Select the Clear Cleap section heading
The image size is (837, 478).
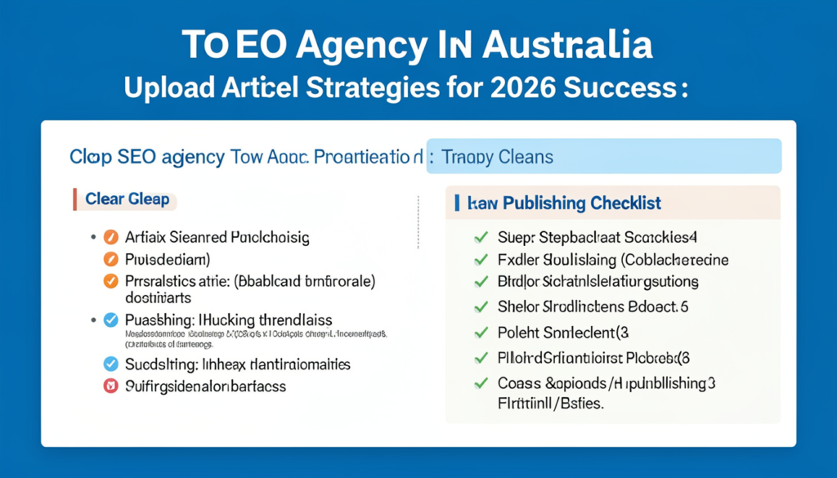(128, 199)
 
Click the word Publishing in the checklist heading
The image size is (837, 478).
(539, 203)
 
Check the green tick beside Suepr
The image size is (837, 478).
(481, 239)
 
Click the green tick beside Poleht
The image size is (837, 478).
(481, 333)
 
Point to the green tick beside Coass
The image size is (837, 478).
(481, 382)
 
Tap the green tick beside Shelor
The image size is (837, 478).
(481, 307)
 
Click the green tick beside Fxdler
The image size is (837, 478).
(481, 261)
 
